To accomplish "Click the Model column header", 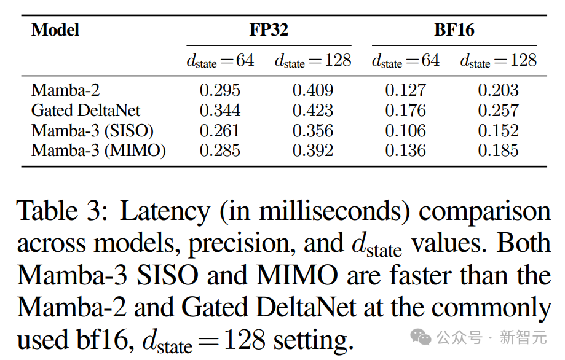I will (55, 29).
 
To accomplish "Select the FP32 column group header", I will (269, 29).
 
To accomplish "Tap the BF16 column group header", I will (454, 29).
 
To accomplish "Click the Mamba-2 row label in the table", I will (65, 90).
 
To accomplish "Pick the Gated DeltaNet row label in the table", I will (85, 111).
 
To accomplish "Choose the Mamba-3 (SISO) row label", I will (92, 131).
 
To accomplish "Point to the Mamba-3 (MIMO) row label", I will (98, 151).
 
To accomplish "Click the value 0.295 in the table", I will (220, 90).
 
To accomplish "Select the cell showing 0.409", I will (313, 90).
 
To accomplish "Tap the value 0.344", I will (220, 111).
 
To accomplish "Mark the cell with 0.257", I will (499, 111).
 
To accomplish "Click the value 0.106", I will (406, 131).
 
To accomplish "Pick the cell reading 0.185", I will (499, 151).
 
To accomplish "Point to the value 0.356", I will (313, 131).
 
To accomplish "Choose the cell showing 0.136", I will (406, 151).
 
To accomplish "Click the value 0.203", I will (499, 90).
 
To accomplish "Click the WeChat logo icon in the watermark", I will (421, 337).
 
